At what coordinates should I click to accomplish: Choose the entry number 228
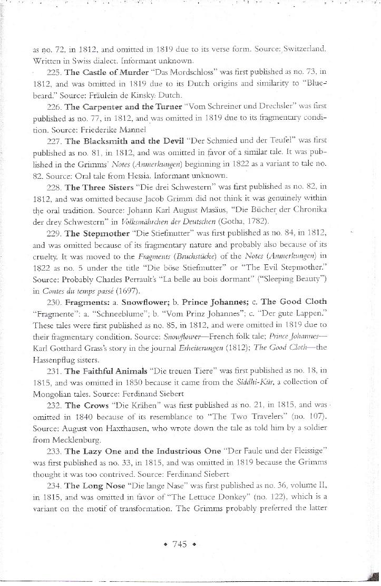54,187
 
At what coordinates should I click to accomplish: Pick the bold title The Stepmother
93,233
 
